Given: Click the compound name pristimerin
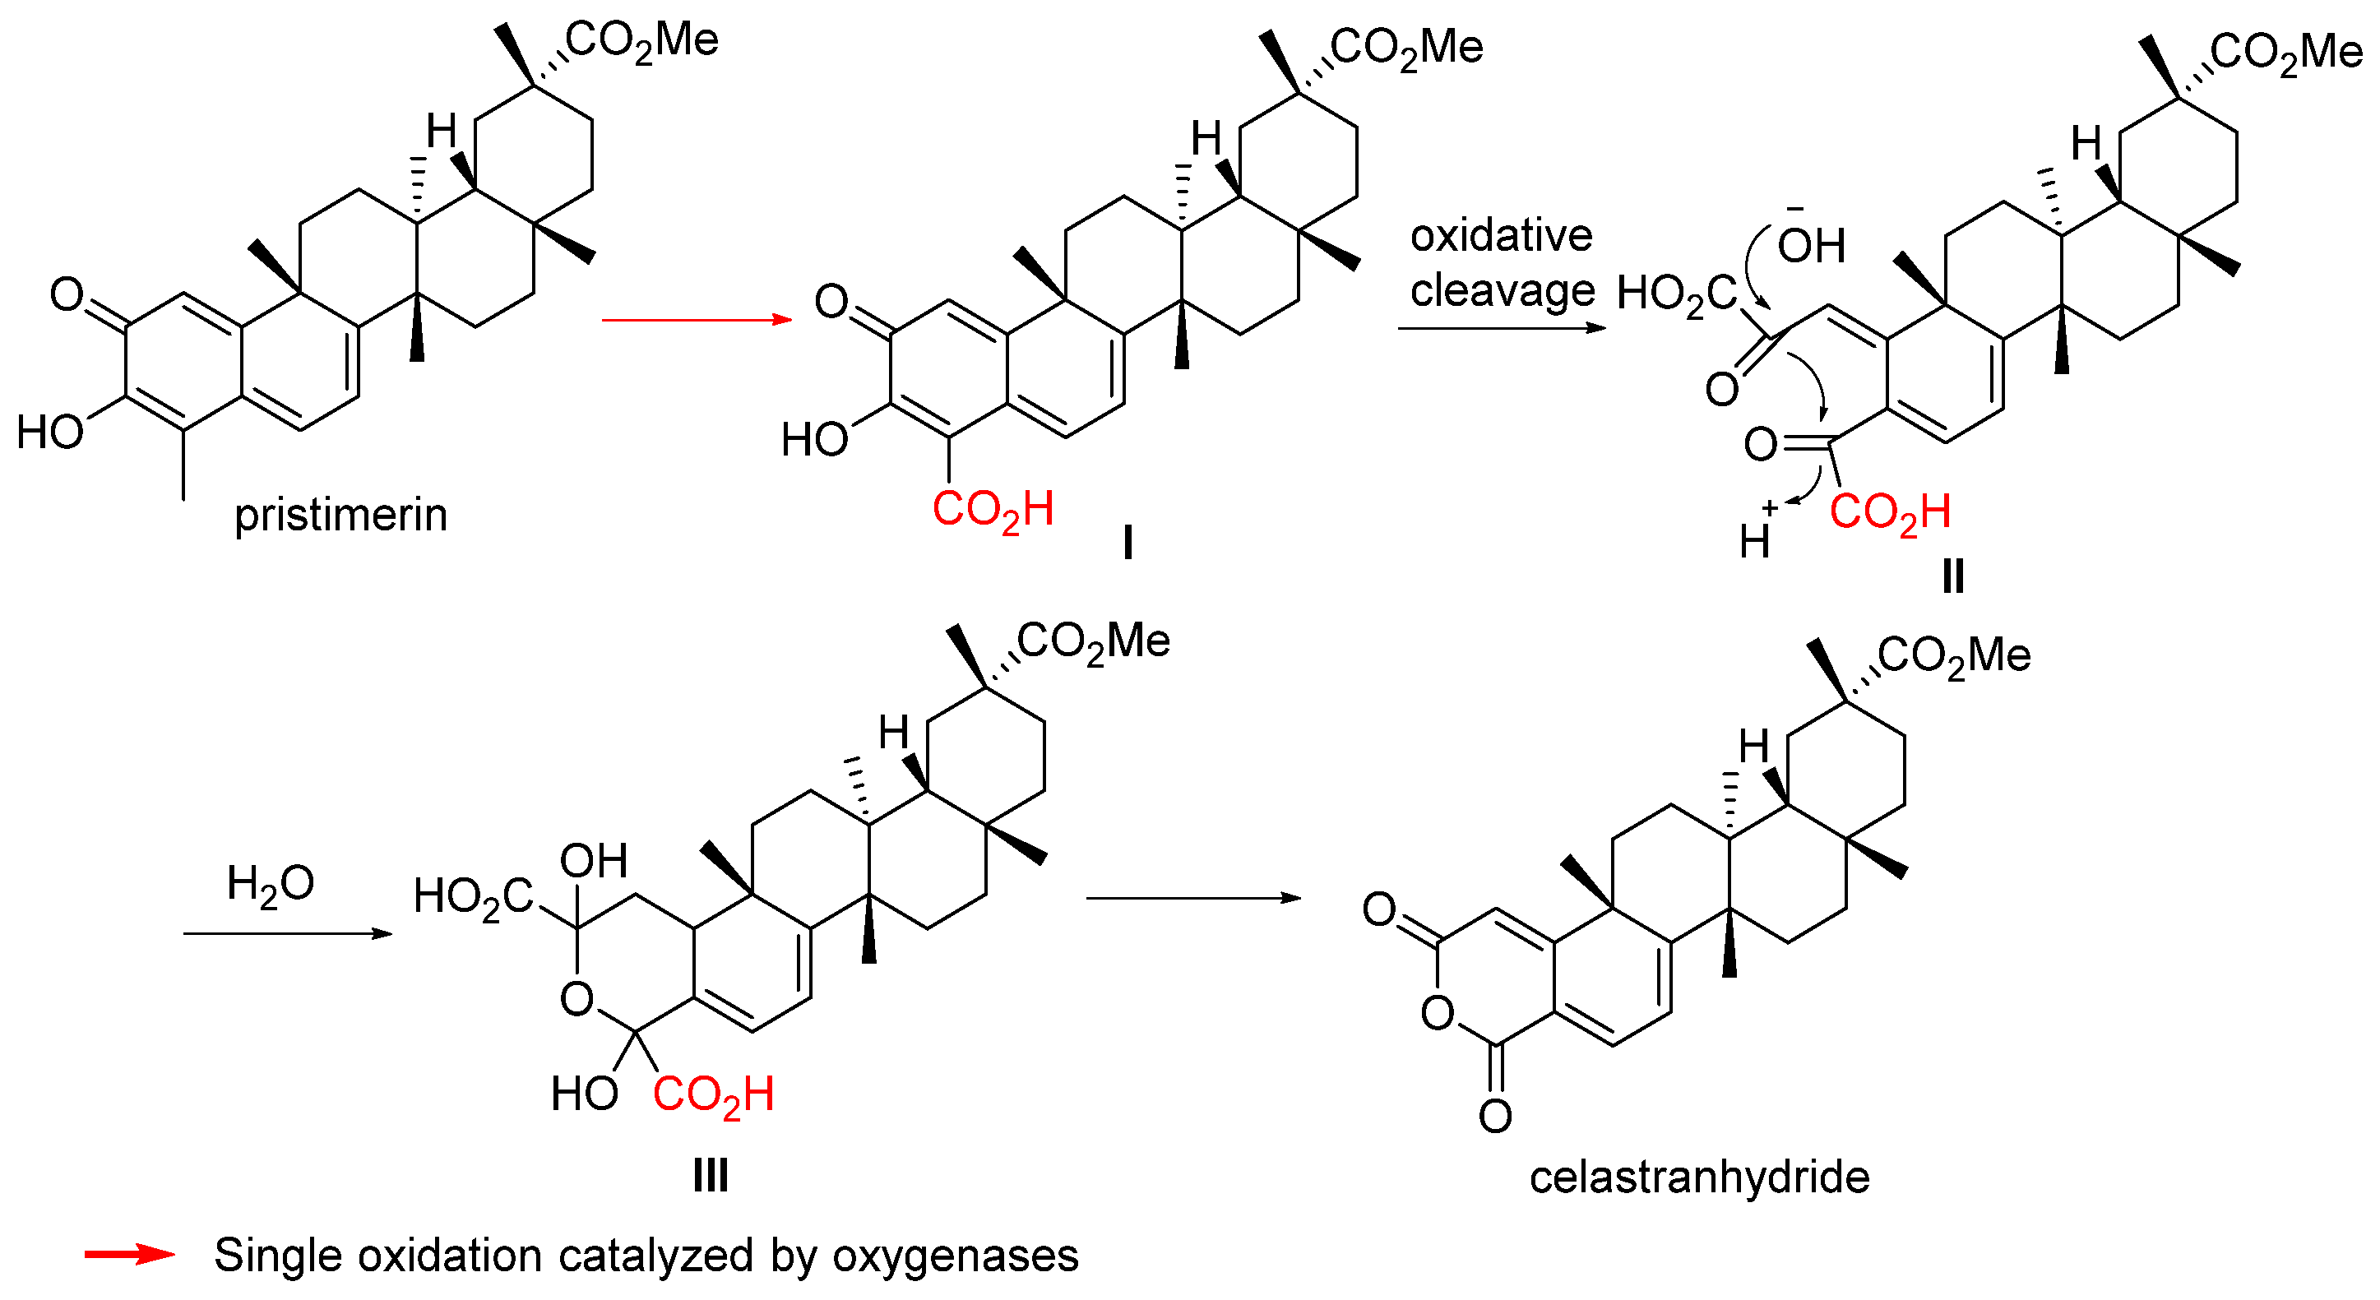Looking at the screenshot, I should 340,515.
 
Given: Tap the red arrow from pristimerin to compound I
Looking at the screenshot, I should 697,320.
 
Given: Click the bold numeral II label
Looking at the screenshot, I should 1952,576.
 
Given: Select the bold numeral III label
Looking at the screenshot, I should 711,1176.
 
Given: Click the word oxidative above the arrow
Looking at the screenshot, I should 1500,236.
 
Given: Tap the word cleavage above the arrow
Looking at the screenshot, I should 1503,291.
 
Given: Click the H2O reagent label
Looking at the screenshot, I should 270,884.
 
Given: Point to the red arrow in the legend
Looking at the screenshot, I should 129,1254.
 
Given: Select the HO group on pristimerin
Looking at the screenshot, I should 50,432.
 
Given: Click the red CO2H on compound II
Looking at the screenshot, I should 1889,513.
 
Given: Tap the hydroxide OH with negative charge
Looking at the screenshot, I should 1810,245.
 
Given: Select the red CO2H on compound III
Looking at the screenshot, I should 713,1095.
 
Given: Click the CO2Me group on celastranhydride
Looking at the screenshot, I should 1953,656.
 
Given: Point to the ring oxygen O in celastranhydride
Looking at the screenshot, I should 1438,1014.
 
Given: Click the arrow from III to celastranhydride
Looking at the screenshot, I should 1192,897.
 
